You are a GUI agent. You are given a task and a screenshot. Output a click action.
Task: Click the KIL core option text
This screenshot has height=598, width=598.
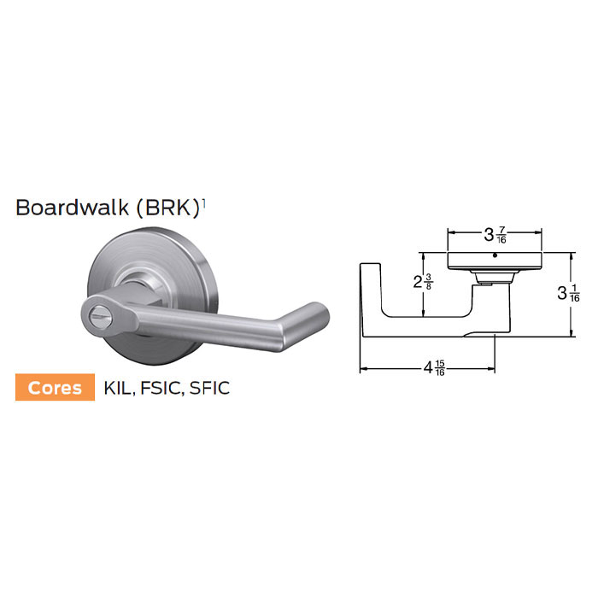pos(117,389)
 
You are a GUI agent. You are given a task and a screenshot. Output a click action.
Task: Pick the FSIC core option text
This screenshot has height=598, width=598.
pos(161,389)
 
